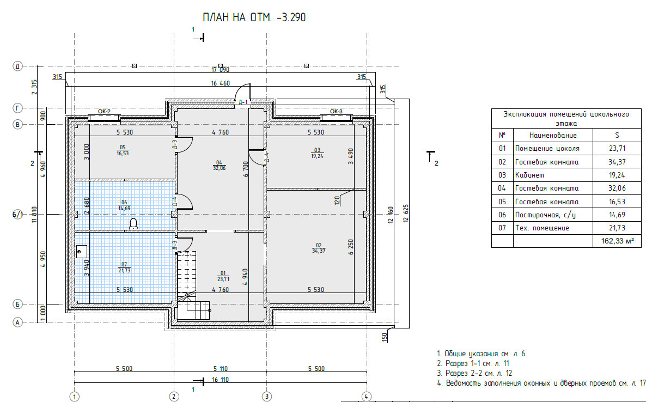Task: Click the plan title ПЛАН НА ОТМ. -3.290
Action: coord(254,17)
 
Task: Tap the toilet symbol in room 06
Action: coord(133,224)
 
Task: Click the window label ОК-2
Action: coord(104,112)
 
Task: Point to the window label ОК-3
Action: coord(336,112)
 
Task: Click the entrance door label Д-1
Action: coord(243,102)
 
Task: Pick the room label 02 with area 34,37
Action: coord(319,248)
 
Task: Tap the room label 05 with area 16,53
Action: coord(123,150)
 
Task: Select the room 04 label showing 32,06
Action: coord(219,165)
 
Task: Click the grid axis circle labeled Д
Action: coord(17,66)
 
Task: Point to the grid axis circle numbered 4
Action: coord(366,397)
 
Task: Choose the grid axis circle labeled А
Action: coord(17,322)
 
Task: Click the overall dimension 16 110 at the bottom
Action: coord(221,379)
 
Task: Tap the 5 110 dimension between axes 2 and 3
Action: coord(221,368)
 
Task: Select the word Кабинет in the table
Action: coord(529,175)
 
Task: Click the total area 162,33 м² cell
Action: coord(617,241)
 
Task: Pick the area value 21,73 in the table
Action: coord(617,228)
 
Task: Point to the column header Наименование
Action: coord(553,135)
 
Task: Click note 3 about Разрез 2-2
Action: coord(474,373)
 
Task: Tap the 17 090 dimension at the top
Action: coord(221,70)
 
